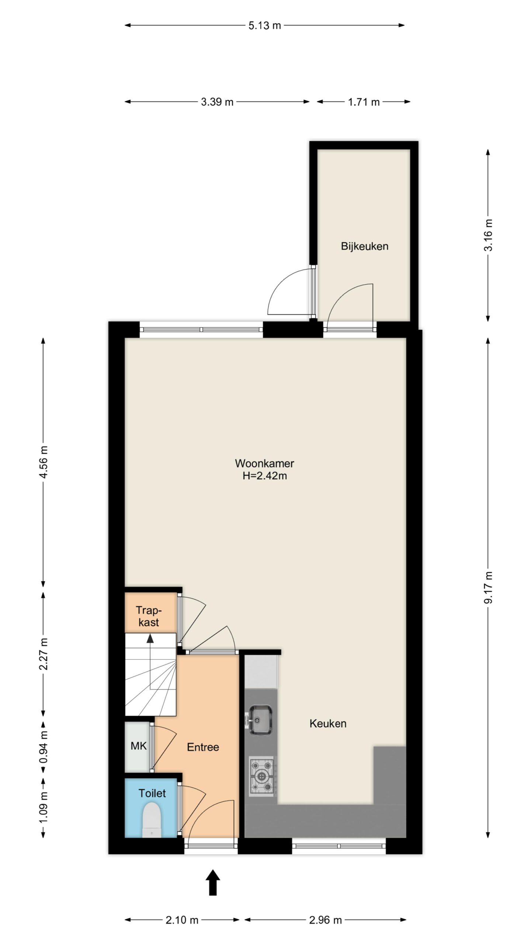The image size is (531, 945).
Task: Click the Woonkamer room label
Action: click(264, 463)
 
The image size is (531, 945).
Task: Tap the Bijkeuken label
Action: click(364, 246)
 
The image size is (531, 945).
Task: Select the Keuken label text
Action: click(328, 724)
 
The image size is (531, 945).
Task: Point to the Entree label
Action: click(203, 747)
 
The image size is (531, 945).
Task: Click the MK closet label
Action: click(139, 746)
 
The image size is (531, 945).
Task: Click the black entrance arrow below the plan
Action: click(213, 882)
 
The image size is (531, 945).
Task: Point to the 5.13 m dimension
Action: click(264, 25)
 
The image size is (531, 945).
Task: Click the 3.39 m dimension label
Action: click(217, 102)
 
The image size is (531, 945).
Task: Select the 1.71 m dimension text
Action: click(364, 102)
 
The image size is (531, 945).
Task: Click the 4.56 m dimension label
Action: click(44, 462)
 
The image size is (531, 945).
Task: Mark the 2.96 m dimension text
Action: click(325, 920)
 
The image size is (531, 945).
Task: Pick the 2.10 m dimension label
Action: click(182, 920)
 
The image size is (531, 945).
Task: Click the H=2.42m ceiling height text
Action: click(264, 476)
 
